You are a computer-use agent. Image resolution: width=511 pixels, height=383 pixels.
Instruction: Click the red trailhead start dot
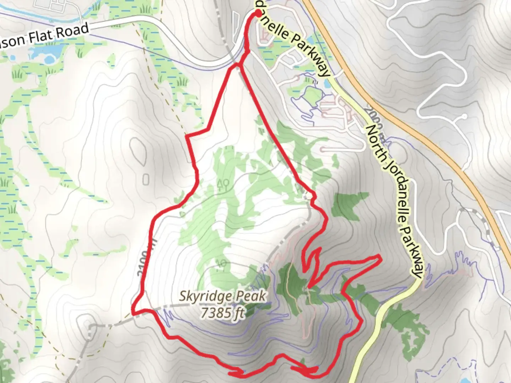tap(258, 13)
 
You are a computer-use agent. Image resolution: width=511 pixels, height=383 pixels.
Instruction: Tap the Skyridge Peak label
tap(222, 296)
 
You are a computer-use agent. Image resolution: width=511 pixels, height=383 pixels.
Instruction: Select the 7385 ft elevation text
tap(222, 313)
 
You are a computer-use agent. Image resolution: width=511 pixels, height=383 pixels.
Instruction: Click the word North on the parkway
tap(376, 138)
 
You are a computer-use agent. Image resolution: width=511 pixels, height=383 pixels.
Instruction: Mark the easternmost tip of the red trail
tap(380, 257)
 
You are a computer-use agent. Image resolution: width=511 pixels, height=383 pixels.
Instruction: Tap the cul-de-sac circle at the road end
tap(465, 116)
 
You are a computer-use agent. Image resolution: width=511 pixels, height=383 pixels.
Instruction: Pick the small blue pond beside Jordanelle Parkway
tap(326, 84)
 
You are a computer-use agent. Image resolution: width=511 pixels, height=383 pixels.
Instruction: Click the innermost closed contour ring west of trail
tap(146, 180)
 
